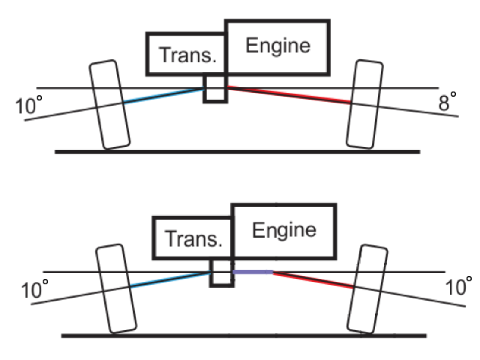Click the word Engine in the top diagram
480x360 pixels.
pyautogui.click(x=278, y=46)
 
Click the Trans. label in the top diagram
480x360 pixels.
pyautogui.click(x=184, y=55)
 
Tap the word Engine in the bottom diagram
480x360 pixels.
pyautogui.click(x=284, y=229)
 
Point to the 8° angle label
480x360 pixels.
pyautogui.click(x=448, y=103)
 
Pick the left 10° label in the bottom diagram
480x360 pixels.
pyautogui.click(x=35, y=289)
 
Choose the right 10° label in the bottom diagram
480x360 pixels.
pyautogui.click(x=458, y=286)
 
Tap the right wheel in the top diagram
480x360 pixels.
pyautogui.click(x=367, y=104)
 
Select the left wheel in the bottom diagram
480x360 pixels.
pyautogui.click(x=117, y=288)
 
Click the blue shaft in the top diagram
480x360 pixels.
pyautogui.click(x=162, y=96)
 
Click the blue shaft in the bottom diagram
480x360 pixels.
pyautogui.click(x=169, y=280)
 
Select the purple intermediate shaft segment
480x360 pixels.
pyautogui.click(x=252, y=272)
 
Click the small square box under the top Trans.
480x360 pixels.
pyautogui.click(x=215, y=88)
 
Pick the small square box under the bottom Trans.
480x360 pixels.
pyautogui.click(x=220, y=271)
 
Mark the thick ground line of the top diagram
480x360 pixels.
pyautogui.click(x=237, y=151)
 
